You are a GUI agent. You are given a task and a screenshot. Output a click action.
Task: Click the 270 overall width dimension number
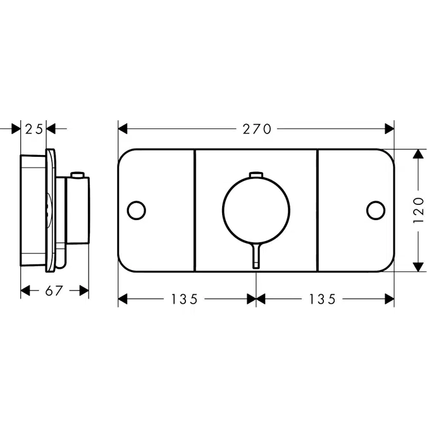tap(256, 129)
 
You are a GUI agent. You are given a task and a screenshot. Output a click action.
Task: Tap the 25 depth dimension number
tap(34, 129)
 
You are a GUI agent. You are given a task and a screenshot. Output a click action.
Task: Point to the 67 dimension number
tap(54, 290)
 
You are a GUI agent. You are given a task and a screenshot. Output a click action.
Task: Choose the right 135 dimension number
tap(322, 299)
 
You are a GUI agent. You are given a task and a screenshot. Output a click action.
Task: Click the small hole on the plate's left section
tap(136, 209)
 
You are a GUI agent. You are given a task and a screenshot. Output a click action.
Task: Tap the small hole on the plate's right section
tap(376, 209)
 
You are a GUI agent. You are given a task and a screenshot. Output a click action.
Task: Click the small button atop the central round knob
tap(256, 175)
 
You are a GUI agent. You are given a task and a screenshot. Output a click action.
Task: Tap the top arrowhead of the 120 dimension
tap(417, 154)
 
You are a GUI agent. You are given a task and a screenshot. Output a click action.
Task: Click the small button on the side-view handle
tap(78, 174)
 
